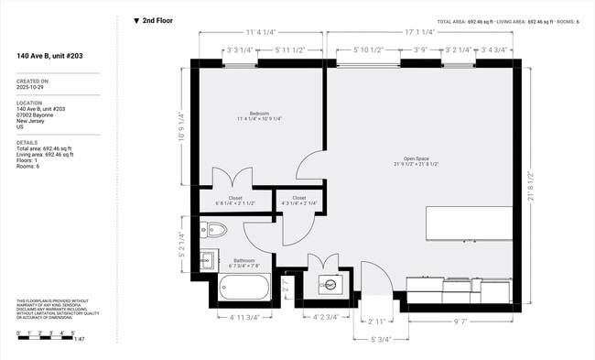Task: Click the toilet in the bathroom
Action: (x=216, y=230)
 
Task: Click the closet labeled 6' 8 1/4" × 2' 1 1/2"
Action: (x=235, y=201)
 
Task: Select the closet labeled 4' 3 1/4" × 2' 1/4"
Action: (x=299, y=201)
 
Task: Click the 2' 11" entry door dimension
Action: (x=376, y=322)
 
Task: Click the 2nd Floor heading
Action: (x=157, y=20)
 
